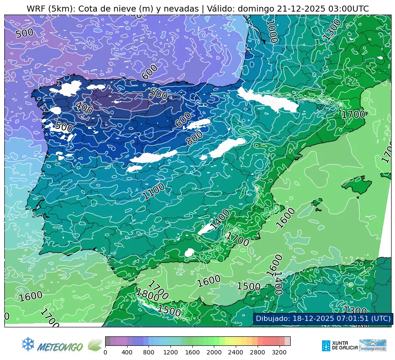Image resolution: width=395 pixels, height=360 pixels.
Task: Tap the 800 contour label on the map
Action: click(x=194, y=137)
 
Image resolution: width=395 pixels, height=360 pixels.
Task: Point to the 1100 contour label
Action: click(x=154, y=191)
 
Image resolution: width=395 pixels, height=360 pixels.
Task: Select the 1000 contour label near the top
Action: click(x=272, y=31)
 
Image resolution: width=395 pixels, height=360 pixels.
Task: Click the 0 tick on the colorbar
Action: click(x=105, y=352)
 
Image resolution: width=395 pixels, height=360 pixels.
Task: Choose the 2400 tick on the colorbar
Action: click(x=241, y=352)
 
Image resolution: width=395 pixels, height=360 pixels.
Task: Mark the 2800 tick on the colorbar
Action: click(x=263, y=352)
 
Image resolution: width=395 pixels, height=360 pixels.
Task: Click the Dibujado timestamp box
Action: click(x=323, y=318)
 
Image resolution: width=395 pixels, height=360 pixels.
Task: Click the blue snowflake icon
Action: click(x=28, y=344)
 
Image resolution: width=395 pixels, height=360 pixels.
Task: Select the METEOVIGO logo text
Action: click(x=60, y=346)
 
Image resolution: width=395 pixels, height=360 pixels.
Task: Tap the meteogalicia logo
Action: click(x=372, y=345)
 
